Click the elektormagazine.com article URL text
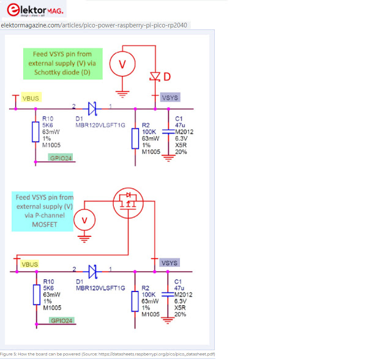(x=95, y=25)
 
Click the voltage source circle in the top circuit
(x=122, y=64)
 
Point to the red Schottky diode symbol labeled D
(x=155, y=77)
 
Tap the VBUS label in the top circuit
(x=31, y=98)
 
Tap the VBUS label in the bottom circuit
(x=29, y=264)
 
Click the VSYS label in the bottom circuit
(x=170, y=263)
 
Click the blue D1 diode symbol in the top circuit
(x=92, y=109)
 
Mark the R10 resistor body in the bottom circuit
(x=36, y=297)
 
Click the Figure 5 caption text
(x=108, y=354)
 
